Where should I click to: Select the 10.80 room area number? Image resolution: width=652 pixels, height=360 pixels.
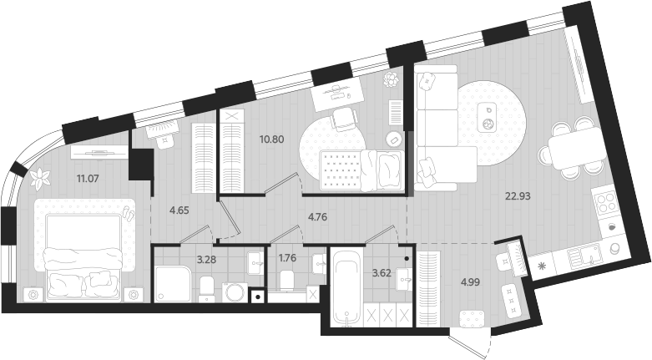[x=273, y=139]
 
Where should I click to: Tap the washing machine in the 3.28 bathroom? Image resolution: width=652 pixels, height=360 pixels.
[x=236, y=292]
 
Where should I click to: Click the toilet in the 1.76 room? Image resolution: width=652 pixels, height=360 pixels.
[x=286, y=281]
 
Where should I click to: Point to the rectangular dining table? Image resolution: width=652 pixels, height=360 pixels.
[x=573, y=149]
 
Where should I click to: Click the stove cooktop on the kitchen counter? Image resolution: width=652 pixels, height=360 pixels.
[x=604, y=200]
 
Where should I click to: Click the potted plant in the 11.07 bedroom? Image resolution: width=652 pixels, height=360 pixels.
[x=39, y=177]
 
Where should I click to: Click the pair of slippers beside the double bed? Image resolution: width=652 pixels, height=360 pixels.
[x=129, y=213]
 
